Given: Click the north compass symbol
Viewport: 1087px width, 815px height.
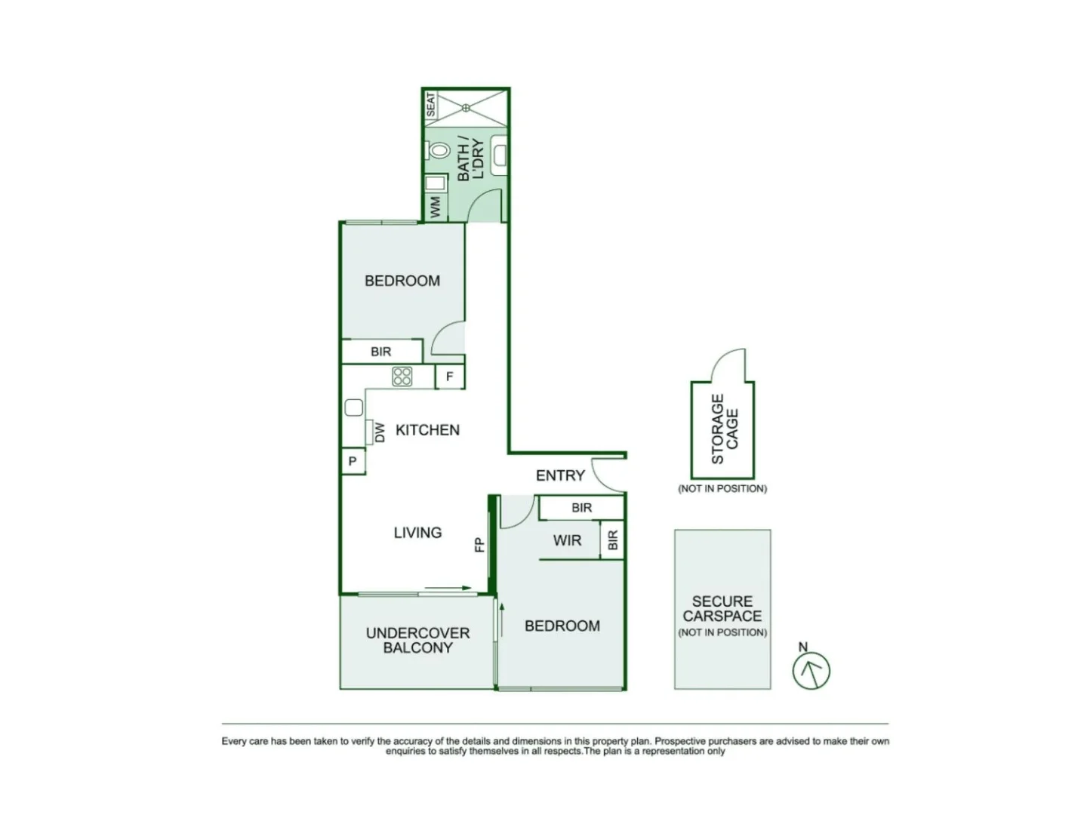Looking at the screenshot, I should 811,669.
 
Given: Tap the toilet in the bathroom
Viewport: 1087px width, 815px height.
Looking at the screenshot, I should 439,150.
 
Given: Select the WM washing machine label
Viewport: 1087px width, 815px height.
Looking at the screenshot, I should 436,208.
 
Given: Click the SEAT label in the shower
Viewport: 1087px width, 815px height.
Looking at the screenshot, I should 431,105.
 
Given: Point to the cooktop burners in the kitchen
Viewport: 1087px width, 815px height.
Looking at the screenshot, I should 402,376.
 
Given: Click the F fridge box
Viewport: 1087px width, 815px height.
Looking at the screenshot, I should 450,376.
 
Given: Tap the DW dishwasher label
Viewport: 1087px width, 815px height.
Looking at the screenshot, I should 380,432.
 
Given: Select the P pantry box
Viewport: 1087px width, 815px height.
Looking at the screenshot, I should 353,461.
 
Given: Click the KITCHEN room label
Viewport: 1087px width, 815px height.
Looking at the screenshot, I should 427,429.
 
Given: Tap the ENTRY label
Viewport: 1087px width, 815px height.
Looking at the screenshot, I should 560,475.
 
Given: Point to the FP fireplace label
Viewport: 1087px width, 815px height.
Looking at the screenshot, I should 479,544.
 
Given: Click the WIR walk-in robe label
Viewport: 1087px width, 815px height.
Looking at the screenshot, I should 567,540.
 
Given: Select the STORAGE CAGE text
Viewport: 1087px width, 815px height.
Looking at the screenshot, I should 724,429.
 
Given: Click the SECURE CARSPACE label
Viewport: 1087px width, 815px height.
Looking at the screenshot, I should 722,608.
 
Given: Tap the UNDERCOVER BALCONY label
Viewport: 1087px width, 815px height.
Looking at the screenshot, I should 417,640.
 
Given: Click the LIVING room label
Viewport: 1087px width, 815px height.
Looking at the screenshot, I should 417,532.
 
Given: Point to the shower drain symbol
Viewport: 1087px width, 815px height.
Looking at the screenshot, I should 467,107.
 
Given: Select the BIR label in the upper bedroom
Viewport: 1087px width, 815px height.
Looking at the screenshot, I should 381,352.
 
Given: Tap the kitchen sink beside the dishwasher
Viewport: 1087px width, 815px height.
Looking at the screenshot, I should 353,407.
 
